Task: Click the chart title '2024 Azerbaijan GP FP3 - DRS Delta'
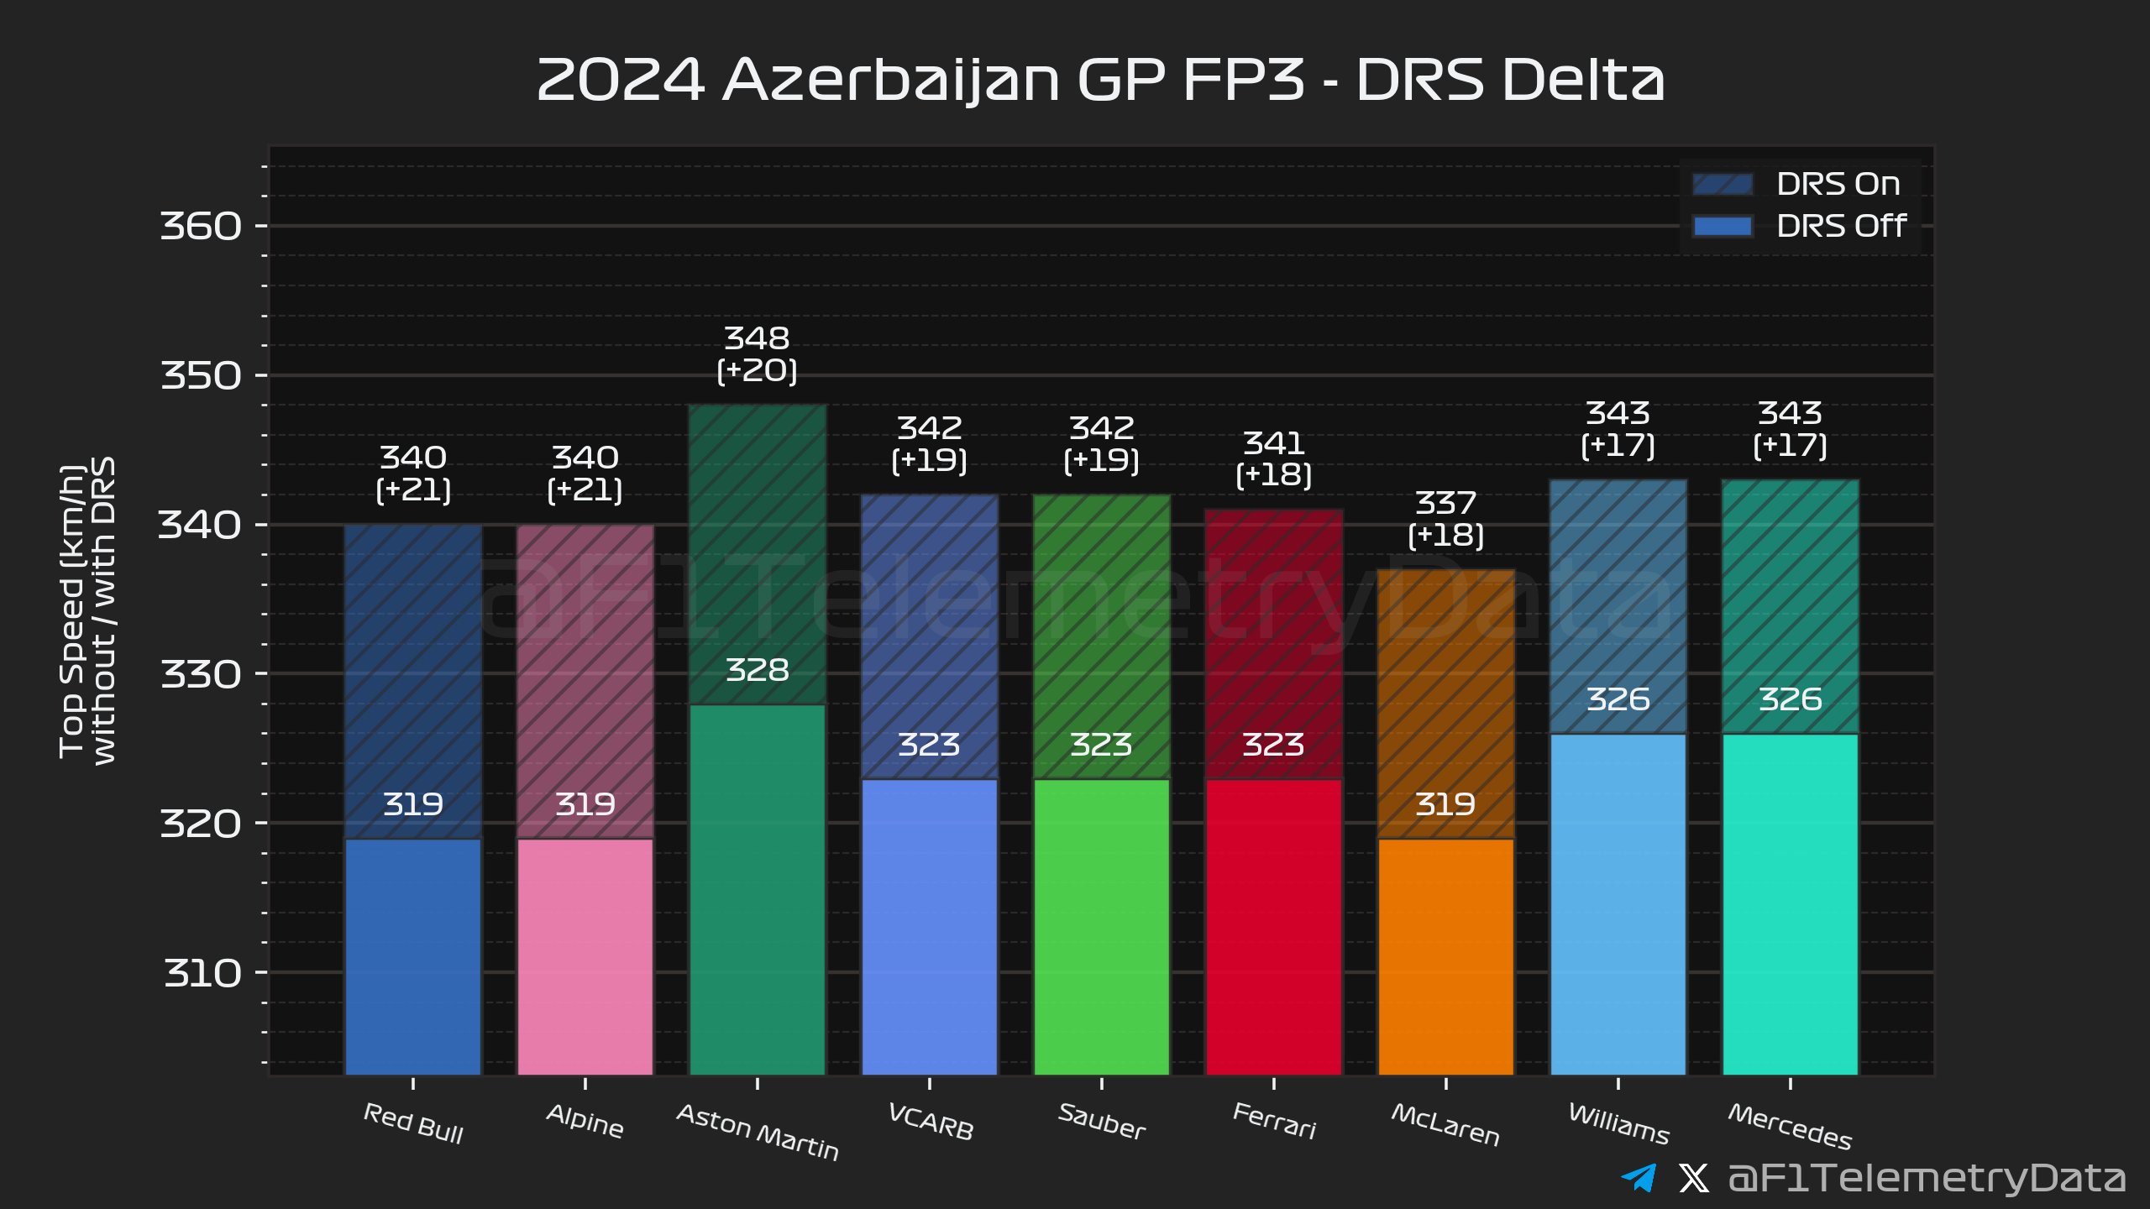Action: (1100, 81)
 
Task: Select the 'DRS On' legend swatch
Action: (1722, 185)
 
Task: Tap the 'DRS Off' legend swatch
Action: (1722, 227)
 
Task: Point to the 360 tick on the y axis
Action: (201, 226)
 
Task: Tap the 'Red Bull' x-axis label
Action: (413, 1123)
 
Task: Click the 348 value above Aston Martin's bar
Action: (757, 338)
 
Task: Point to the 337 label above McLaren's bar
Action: (1445, 503)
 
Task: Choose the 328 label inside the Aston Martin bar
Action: (757, 670)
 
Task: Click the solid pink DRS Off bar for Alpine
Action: (585, 957)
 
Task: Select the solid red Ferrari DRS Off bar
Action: (1273, 928)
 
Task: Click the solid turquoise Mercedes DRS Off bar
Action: (1790, 905)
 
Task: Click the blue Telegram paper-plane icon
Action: (1639, 1178)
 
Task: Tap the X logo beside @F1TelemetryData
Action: (1693, 1178)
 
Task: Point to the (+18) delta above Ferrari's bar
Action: (1273, 475)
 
